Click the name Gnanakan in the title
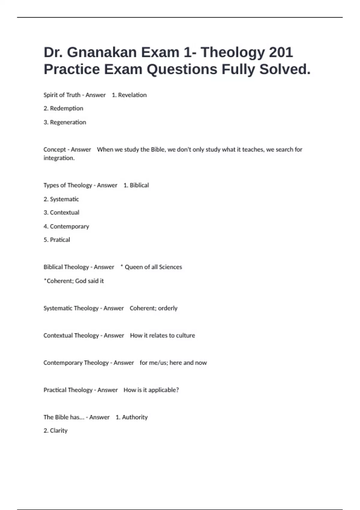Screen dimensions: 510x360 (102, 52)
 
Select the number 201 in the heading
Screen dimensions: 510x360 (281, 52)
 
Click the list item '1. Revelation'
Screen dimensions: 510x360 (129, 95)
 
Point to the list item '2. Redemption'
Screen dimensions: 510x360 (63, 108)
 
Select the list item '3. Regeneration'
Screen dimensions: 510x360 (65, 122)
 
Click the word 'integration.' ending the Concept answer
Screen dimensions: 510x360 (59, 158)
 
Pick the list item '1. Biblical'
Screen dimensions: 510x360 (136, 185)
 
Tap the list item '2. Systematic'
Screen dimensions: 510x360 (61, 199)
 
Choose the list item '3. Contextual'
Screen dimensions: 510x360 (61, 213)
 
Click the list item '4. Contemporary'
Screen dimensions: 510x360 (66, 226)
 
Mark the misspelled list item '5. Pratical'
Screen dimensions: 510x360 (57, 240)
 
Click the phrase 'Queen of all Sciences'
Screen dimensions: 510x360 (153, 267)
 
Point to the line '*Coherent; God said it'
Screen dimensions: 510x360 (74, 281)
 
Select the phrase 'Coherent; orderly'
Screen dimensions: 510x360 (154, 308)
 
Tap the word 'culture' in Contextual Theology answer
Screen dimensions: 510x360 (185, 335)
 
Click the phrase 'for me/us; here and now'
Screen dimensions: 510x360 (173, 363)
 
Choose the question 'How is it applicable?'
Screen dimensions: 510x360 (151, 390)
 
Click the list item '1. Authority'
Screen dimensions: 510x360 (132, 417)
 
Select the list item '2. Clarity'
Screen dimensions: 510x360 (55, 431)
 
